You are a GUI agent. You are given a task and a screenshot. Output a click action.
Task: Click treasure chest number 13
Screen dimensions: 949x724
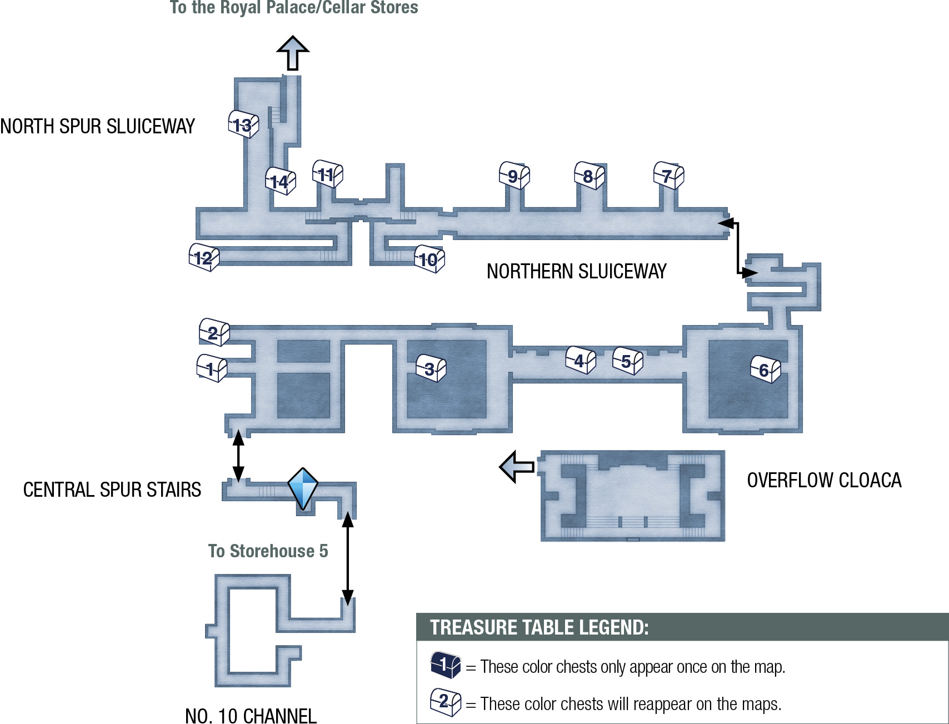pos(243,124)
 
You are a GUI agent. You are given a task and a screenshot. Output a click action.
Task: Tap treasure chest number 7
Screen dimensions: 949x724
pos(668,176)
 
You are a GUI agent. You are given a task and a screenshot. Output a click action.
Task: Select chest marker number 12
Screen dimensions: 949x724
pos(204,257)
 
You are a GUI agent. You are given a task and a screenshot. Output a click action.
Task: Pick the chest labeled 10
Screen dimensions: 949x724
pos(429,259)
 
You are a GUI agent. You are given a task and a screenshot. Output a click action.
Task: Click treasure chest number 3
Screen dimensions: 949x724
pos(431,368)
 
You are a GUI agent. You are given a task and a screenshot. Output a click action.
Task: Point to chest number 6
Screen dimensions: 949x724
pos(766,370)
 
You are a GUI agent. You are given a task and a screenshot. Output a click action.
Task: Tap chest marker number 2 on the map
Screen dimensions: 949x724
pos(214,332)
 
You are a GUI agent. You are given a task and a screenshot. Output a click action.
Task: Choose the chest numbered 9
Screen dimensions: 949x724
pos(515,176)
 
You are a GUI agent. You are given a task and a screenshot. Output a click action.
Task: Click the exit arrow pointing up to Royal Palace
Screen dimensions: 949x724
pos(293,53)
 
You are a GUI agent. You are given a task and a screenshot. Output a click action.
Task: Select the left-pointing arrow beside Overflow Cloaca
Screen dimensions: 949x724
pos(517,467)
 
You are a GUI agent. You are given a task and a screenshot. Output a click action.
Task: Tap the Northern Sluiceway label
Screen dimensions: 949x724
pos(576,271)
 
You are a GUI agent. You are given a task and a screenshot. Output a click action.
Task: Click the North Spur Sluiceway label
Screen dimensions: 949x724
pos(97,126)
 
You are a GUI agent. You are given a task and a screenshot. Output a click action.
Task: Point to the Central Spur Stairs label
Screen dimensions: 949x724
pos(112,490)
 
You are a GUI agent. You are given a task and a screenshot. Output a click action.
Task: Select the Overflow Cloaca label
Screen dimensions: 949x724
pos(824,480)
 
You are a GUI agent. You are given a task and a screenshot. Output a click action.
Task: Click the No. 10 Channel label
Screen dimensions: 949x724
pos(251,716)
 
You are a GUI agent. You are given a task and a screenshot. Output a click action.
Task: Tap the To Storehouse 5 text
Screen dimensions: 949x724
pos(268,551)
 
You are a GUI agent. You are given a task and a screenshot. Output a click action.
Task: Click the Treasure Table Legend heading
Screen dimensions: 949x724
pos(540,627)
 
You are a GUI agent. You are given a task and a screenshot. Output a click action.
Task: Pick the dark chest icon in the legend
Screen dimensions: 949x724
pos(446,665)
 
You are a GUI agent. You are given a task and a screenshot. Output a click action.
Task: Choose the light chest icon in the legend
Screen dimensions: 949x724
pos(446,702)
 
